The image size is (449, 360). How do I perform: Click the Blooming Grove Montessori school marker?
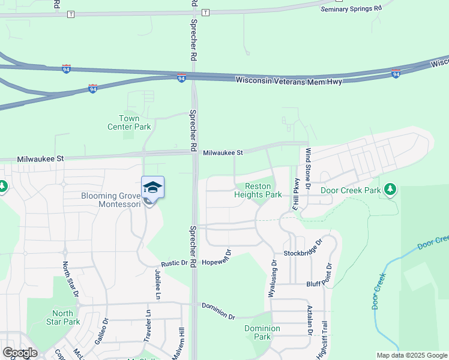[152, 188]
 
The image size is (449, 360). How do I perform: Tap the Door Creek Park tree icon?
[391, 190]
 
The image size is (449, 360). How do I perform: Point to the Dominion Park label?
[262, 332]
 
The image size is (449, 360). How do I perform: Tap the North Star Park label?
[62, 317]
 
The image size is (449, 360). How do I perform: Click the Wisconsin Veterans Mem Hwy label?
[288, 80]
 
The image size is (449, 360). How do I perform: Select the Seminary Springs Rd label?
[351, 9]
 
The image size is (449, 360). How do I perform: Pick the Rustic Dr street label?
[174, 264]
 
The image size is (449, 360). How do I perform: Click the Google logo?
[20, 353]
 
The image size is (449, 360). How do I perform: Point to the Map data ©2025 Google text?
[412, 356]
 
